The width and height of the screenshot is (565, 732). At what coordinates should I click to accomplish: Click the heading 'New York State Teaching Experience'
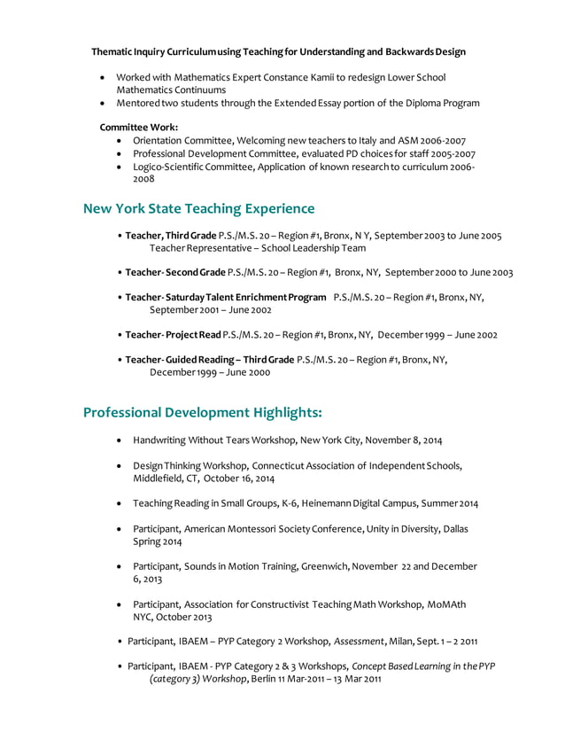[x=198, y=209]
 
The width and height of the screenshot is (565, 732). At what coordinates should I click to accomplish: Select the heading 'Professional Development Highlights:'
[x=202, y=412]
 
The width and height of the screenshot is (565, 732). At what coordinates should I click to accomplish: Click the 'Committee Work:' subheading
[x=139, y=128]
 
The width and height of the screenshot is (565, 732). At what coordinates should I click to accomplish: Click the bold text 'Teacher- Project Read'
[x=173, y=335]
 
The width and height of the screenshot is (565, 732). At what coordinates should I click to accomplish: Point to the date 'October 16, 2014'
[x=239, y=478]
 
